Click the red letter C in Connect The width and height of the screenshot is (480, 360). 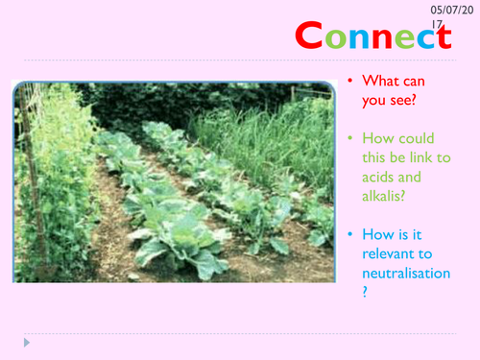tap(310, 36)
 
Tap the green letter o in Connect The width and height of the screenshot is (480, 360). tap(336, 39)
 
